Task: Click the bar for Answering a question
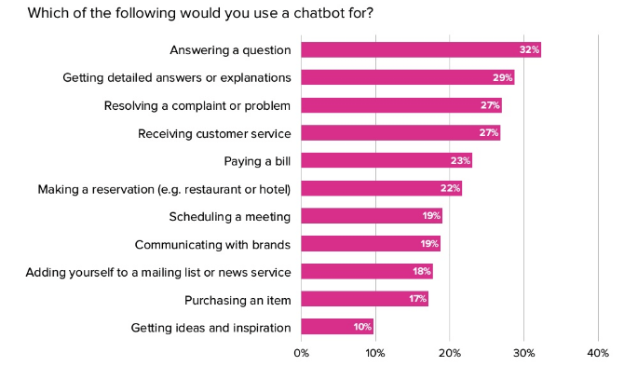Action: [x=421, y=50]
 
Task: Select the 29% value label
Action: [x=503, y=77]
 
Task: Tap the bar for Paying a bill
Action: [x=387, y=161]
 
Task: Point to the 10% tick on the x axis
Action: [x=375, y=352]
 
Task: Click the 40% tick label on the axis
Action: [x=598, y=352]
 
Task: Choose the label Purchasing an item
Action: [x=237, y=300]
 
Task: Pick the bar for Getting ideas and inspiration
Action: [x=337, y=327]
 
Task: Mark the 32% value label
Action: [x=529, y=49]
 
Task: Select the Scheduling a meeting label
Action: [x=230, y=217]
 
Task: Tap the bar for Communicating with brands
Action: [x=371, y=243]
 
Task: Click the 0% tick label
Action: [x=301, y=352]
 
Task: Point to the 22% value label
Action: [x=450, y=188]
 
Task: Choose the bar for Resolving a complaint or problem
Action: [x=401, y=105]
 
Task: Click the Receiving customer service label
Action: [x=214, y=134]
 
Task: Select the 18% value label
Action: [x=422, y=271]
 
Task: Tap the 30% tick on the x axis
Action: [x=523, y=352]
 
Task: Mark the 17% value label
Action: [x=418, y=298]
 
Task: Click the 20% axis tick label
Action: [x=450, y=352]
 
